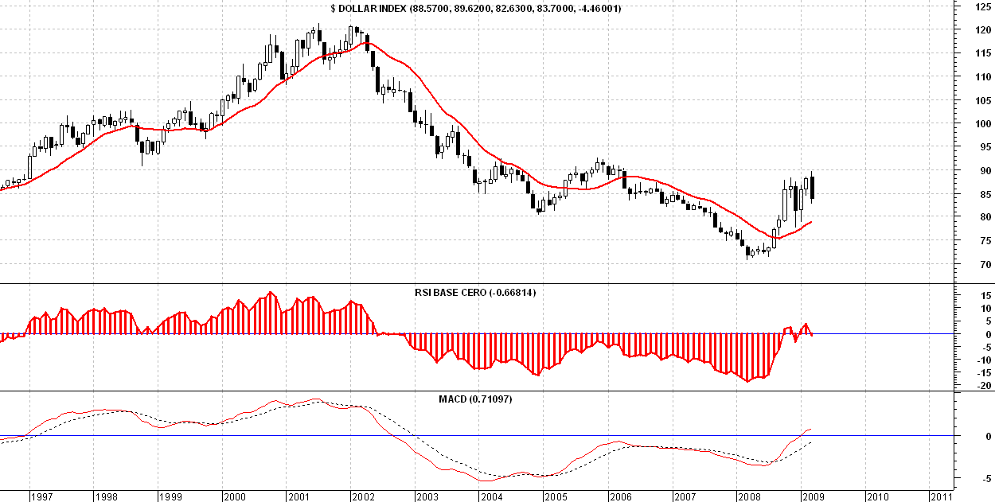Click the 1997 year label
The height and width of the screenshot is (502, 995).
click(x=41, y=496)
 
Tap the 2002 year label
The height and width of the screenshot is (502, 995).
click(x=363, y=496)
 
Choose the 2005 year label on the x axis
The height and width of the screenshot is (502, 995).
click(x=556, y=496)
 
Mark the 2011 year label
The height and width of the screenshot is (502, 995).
click(x=941, y=496)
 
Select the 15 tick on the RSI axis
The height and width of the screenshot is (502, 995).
click(x=984, y=295)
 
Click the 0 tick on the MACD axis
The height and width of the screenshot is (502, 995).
click(x=987, y=436)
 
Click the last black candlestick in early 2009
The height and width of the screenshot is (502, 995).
click(x=812, y=187)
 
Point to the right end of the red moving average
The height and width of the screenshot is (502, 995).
click(x=811, y=221)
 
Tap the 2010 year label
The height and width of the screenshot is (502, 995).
click(x=877, y=496)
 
